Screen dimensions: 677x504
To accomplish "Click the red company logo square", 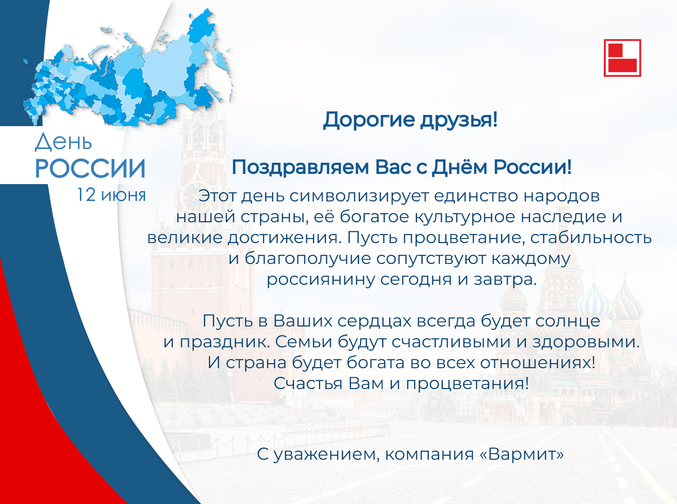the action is coord(622,57).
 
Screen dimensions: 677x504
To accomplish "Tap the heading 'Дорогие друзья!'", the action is coord(410,120).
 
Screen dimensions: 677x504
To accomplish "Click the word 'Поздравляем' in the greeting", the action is coord(300,168).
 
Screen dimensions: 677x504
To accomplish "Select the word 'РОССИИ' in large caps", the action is coord(90,168).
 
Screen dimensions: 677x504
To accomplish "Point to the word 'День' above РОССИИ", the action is coord(63,142).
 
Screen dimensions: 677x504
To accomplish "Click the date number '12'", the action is coord(86,195).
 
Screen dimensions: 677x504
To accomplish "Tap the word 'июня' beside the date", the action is coord(123,195).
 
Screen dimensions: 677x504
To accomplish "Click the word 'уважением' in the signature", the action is coord(326,455).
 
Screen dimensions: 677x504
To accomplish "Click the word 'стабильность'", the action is coord(591,238).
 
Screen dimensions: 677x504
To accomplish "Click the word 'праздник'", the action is coord(225,342).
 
